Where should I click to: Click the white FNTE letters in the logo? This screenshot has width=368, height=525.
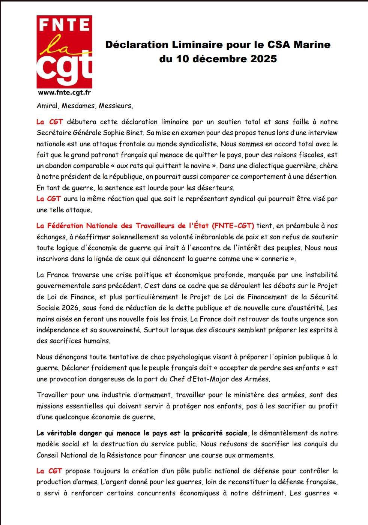[64, 25]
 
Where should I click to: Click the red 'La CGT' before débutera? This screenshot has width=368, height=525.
[49, 122]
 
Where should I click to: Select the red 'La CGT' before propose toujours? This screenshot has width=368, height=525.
[49, 471]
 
